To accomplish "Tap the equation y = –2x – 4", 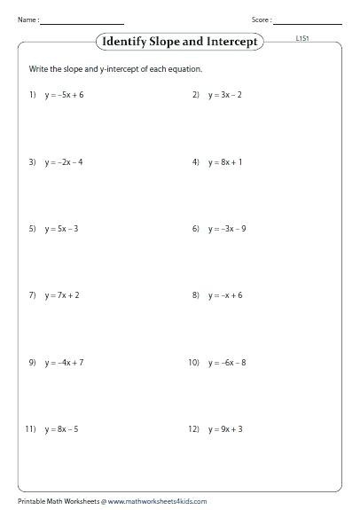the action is point(64,162).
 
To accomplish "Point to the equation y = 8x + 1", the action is point(227,162).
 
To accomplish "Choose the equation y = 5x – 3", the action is point(62,229).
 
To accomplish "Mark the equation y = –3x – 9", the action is point(229,229).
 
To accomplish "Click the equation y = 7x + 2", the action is point(62,295).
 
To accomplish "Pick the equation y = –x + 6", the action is point(226,295).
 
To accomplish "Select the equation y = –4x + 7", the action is point(65,363).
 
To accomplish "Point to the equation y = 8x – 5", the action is point(62,429).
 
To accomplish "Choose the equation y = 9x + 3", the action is point(227,429).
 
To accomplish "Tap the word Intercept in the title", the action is point(231,41).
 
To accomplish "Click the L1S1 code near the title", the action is point(303,40).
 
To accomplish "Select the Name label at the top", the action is point(26,19).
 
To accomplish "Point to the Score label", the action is point(262,19).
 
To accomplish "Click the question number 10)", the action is point(193,363).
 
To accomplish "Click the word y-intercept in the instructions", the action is point(112,68).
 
